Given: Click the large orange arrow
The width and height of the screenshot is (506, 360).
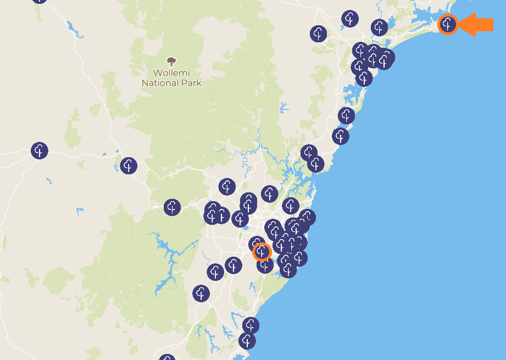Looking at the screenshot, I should [477, 25].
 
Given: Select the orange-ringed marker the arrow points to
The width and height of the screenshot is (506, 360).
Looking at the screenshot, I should [448, 24].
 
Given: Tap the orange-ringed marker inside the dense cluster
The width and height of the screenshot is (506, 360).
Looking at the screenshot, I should [262, 252].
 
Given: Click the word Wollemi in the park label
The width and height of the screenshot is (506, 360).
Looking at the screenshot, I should [171, 73].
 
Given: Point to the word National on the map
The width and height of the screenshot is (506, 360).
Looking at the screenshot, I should [161, 83].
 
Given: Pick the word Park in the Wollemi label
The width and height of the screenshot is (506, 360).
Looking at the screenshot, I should [192, 83].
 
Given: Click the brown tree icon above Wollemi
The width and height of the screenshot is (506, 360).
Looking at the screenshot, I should [171, 61].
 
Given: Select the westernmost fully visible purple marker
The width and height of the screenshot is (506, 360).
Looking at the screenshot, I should [39, 151].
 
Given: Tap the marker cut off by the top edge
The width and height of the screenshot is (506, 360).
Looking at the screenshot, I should [39, 1].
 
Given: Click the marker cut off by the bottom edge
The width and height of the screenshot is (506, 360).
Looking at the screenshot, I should [167, 358].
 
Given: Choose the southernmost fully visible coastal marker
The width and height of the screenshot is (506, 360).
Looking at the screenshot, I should [247, 341].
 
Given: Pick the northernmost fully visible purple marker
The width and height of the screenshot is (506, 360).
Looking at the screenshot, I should [350, 19].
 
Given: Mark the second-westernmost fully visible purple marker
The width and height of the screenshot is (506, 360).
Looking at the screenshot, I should [129, 165].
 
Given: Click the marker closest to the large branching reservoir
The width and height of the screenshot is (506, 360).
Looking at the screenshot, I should [201, 293].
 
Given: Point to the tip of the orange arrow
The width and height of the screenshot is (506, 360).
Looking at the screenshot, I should [459, 25].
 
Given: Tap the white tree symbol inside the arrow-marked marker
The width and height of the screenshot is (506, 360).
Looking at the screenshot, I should [448, 24].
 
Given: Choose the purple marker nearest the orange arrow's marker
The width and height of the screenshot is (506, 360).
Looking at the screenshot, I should [379, 27].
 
